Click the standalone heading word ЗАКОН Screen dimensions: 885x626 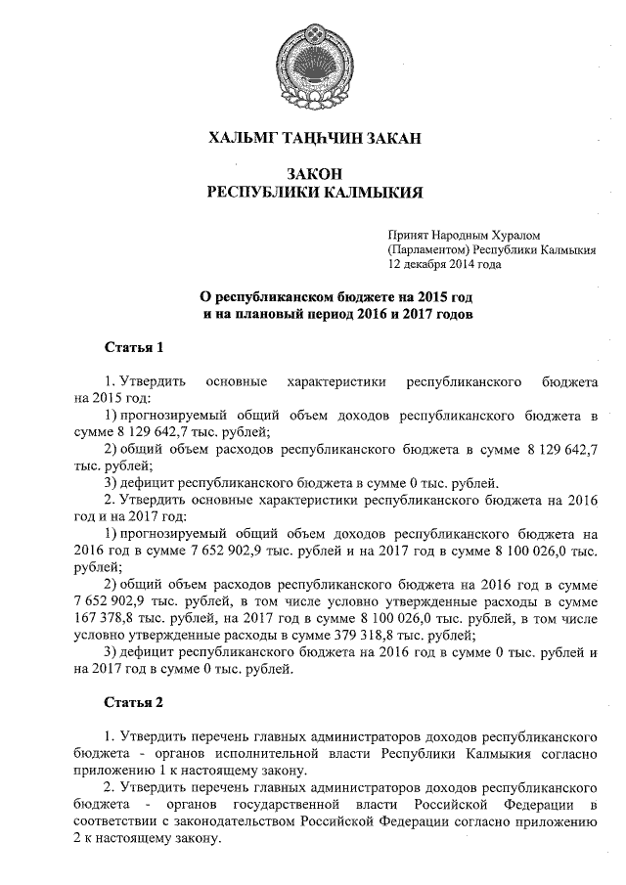click(x=313, y=171)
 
